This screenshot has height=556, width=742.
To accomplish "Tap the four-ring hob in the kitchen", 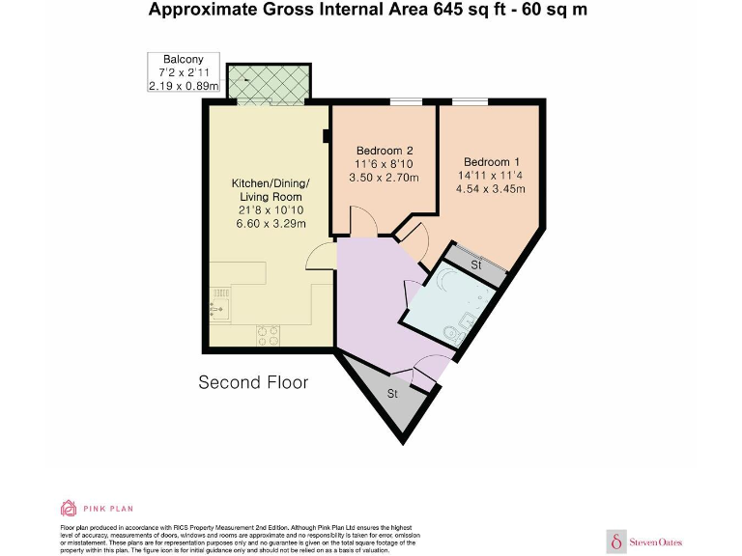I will click(268, 335).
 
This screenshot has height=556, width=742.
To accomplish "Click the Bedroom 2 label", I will click(385, 151).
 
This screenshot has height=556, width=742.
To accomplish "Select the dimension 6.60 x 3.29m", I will click(271, 224).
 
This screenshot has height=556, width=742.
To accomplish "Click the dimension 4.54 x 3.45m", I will click(491, 189).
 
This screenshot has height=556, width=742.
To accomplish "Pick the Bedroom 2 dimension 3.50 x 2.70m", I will click(385, 178).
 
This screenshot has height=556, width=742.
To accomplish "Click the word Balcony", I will click(183, 59).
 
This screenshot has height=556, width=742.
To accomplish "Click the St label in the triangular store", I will click(392, 394).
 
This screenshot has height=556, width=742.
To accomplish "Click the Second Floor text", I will click(253, 382).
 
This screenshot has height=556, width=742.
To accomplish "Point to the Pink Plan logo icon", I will click(69, 508).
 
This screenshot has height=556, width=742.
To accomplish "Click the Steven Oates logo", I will click(643, 542).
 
